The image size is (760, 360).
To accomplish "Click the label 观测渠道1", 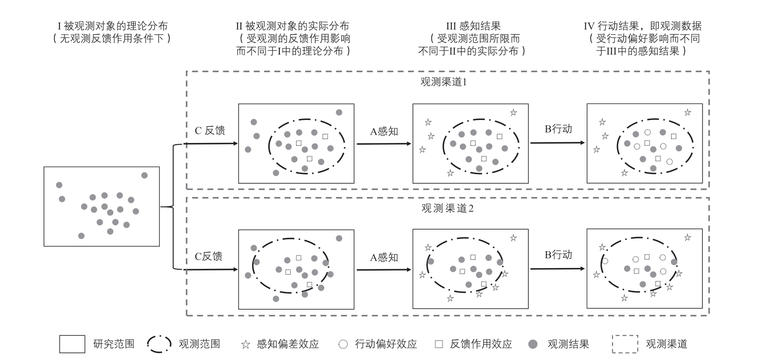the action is coord(443,82).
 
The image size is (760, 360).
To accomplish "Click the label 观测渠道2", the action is coord(447,208).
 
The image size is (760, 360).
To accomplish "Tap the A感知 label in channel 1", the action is coord(384,131).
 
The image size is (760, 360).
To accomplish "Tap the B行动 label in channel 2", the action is coord(558,255).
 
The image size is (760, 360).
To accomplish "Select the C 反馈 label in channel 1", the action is coord(210,130).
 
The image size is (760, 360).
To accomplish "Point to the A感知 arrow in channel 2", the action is coord(384,270).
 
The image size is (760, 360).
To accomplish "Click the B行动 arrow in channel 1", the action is coord(558,143).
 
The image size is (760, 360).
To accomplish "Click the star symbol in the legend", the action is coord(245,345).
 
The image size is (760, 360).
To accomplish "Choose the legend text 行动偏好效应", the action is coord(386,344).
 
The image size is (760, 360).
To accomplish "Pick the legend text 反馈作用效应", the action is coord(481,344).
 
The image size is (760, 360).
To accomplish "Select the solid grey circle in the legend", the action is coord(533,344).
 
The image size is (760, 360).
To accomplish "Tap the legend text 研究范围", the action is coord(114,344).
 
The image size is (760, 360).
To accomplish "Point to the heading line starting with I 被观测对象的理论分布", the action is coord(112,26).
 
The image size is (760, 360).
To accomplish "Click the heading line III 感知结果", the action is coord(473,26).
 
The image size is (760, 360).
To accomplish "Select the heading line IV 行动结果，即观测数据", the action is coord(643,26).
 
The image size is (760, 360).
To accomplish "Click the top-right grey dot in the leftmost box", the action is coord(144,175).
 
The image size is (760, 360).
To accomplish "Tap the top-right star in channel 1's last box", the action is coord(688,112).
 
